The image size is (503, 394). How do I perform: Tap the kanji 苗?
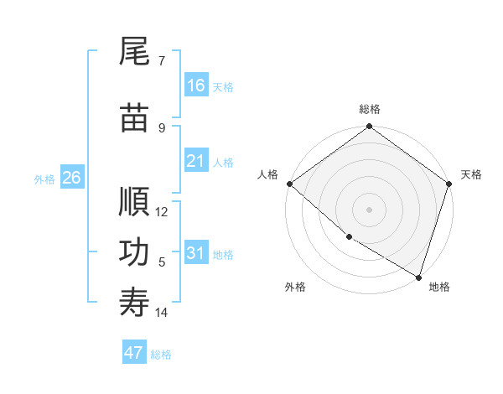coord(134,117)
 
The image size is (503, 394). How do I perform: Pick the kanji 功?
coord(134,251)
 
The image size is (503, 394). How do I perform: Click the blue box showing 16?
coord(196,86)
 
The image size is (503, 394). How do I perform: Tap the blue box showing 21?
coord(196,161)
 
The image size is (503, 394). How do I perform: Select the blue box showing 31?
coord(196,253)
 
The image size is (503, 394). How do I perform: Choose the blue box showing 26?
coord(71,178)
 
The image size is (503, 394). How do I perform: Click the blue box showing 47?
coord(134,353)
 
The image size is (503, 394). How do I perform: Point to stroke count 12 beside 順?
coord(162,212)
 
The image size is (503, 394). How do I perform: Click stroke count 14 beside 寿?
coord(162,313)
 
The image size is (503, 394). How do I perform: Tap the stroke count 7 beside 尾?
coord(162,60)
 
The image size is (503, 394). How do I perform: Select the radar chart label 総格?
coord(370,109)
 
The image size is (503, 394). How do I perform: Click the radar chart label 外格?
coord(295,287)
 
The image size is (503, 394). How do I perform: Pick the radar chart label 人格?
coord(268,174)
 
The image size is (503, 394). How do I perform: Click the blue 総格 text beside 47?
coord(161,355)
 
